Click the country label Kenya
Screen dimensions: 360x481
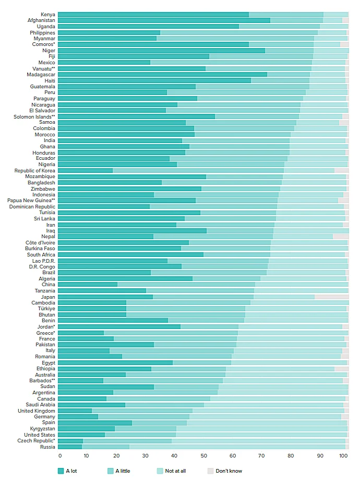click(x=48, y=15)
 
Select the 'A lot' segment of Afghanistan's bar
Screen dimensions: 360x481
click(x=164, y=20)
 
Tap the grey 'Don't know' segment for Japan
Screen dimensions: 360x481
click(x=331, y=297)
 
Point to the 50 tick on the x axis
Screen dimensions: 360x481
click(x=204, y=456)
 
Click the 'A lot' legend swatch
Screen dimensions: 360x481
click(x=61, y=471)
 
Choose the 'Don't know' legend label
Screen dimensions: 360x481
click(x=229, y=471)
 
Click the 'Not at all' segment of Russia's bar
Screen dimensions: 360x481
click(x=237, y=447)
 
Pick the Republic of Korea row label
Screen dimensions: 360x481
click(x=34, y=171)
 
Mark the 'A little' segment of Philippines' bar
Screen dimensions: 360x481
click(x=239, y=32)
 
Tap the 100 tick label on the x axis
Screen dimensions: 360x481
click(x=343, y=456)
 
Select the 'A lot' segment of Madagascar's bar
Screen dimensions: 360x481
click(x=162, y=75)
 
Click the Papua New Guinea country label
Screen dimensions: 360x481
click(x=31, y=201)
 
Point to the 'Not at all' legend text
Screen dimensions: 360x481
click(x=175, y=471)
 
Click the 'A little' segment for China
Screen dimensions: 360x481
click(x=186, y=285)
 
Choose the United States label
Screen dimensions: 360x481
click(x=40, y=435)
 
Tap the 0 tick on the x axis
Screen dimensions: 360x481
click(x=60, y=456)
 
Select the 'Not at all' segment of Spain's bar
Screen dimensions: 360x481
click(x=267, y=423)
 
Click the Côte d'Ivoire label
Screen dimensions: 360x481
click(x=40, y=243)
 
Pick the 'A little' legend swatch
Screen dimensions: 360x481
click(x=110, y=471)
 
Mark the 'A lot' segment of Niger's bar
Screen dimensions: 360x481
click(x=161, y=51)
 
